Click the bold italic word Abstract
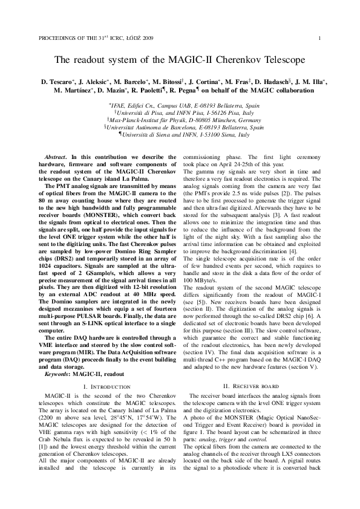tap(56, 157)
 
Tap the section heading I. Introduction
tap(108, 369)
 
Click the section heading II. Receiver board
tap(250, 369)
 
